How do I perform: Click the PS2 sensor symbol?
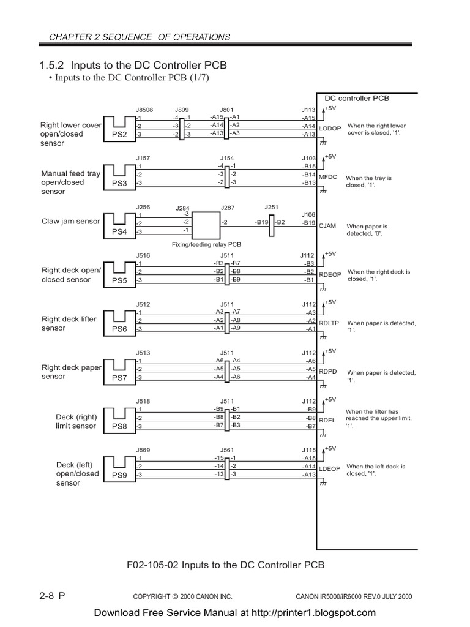[119, 127]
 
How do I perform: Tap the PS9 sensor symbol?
[119, 467]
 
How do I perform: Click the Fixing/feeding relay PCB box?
[206, 225]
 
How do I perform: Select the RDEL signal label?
[327, 421]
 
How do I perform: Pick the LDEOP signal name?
[330, 468]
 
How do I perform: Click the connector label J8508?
[144, 110]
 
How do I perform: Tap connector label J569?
[143, 450]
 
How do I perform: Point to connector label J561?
[227, 450]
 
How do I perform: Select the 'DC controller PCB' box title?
[356, 98]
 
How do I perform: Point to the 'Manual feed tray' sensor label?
[70, 173]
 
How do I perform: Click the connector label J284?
[183, 208]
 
